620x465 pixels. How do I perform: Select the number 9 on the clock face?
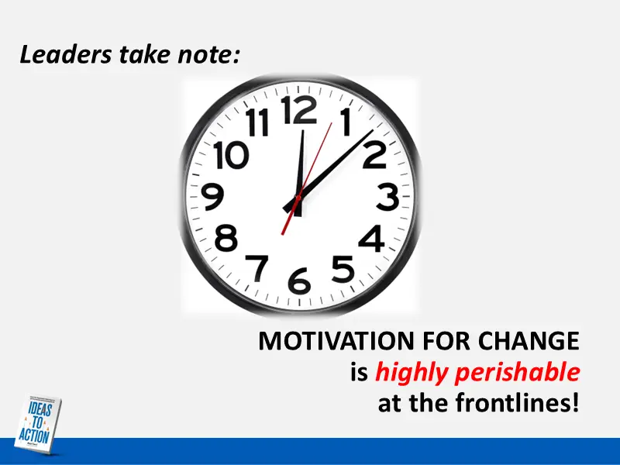coord(212,198)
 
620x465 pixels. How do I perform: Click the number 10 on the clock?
coord(231,156)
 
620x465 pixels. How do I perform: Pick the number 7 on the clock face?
coord(258,267)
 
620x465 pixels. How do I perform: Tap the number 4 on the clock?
coord(372,239)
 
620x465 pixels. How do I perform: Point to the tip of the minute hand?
coord(371,131)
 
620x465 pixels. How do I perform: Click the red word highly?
coord(410,373)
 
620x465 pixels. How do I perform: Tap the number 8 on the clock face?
coord(226,238)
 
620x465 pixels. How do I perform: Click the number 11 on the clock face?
coord(258,123)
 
